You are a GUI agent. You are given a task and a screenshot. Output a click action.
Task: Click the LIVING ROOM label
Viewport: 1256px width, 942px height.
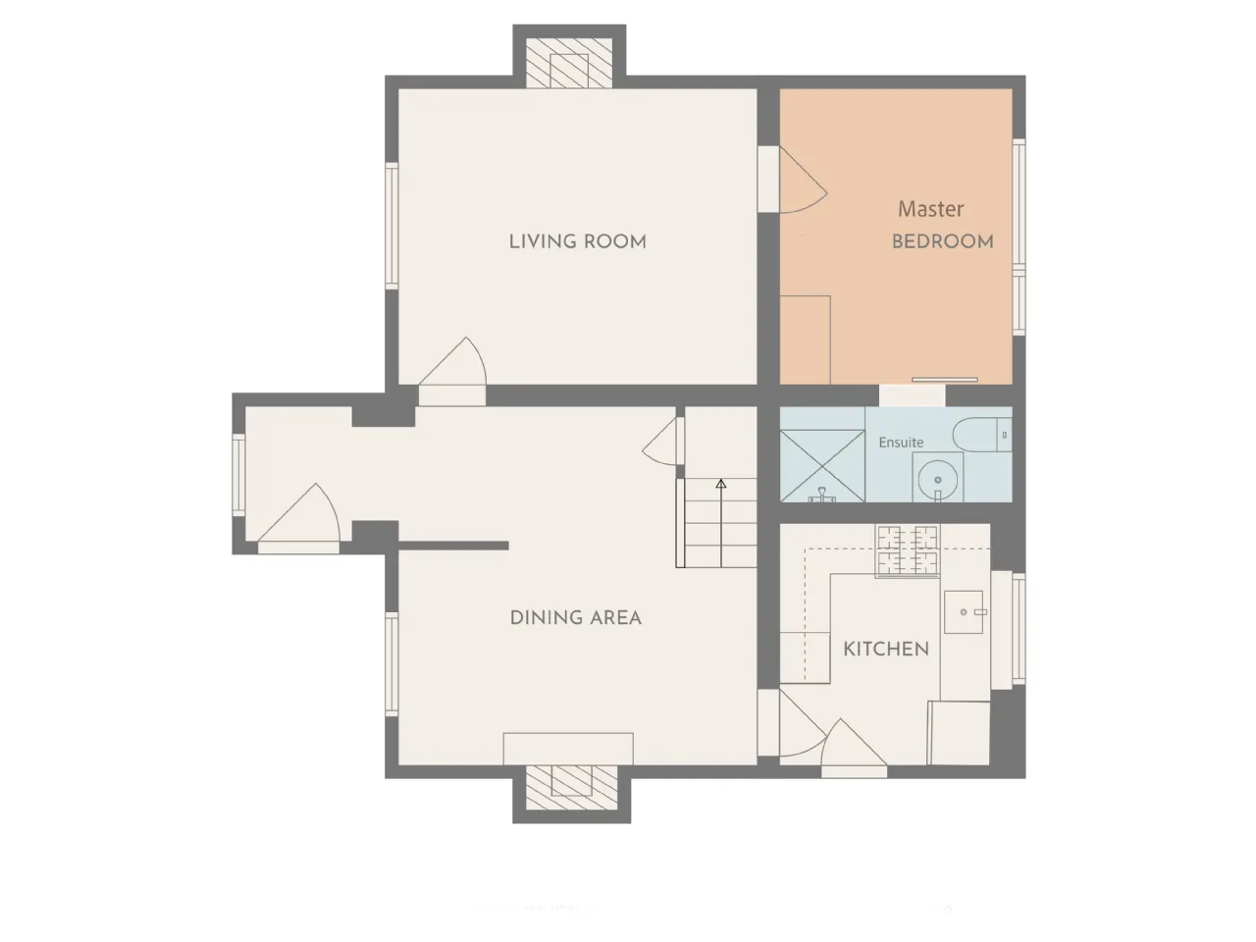577,241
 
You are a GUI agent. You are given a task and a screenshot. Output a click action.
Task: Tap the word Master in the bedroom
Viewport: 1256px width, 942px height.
930,209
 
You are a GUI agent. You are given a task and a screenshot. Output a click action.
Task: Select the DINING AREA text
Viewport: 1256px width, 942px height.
576,618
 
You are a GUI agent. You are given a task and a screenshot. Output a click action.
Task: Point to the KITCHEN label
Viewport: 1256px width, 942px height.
886,650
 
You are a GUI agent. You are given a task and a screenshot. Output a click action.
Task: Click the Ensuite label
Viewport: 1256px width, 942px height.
901,443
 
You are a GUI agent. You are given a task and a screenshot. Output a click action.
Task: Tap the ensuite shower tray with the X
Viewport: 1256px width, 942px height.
822,466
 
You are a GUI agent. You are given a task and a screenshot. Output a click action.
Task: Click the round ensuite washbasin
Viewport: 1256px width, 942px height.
938,479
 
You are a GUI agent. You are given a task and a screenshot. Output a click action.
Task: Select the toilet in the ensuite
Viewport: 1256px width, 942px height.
982,436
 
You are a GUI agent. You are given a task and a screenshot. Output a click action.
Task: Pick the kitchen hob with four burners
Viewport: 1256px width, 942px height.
907,550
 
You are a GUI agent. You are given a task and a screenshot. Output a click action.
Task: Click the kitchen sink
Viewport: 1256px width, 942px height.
964,612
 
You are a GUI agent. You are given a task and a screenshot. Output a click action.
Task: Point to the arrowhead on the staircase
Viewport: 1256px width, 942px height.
721,484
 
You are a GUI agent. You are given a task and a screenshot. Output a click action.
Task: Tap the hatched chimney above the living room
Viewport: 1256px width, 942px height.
569,63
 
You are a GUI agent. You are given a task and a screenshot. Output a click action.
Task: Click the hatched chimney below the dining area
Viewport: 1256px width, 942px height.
571,788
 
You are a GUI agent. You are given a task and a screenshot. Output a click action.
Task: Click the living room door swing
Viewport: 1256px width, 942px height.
452,361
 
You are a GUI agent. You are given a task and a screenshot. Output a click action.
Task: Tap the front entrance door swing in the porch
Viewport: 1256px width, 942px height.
298,512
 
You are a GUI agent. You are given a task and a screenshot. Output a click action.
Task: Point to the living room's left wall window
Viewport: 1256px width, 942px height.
392,226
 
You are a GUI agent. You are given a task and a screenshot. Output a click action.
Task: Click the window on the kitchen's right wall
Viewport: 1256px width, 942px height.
1019,629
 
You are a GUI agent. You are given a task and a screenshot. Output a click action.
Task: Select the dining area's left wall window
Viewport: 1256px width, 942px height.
392,664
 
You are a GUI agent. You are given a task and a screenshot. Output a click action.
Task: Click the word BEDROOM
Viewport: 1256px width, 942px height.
942,241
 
